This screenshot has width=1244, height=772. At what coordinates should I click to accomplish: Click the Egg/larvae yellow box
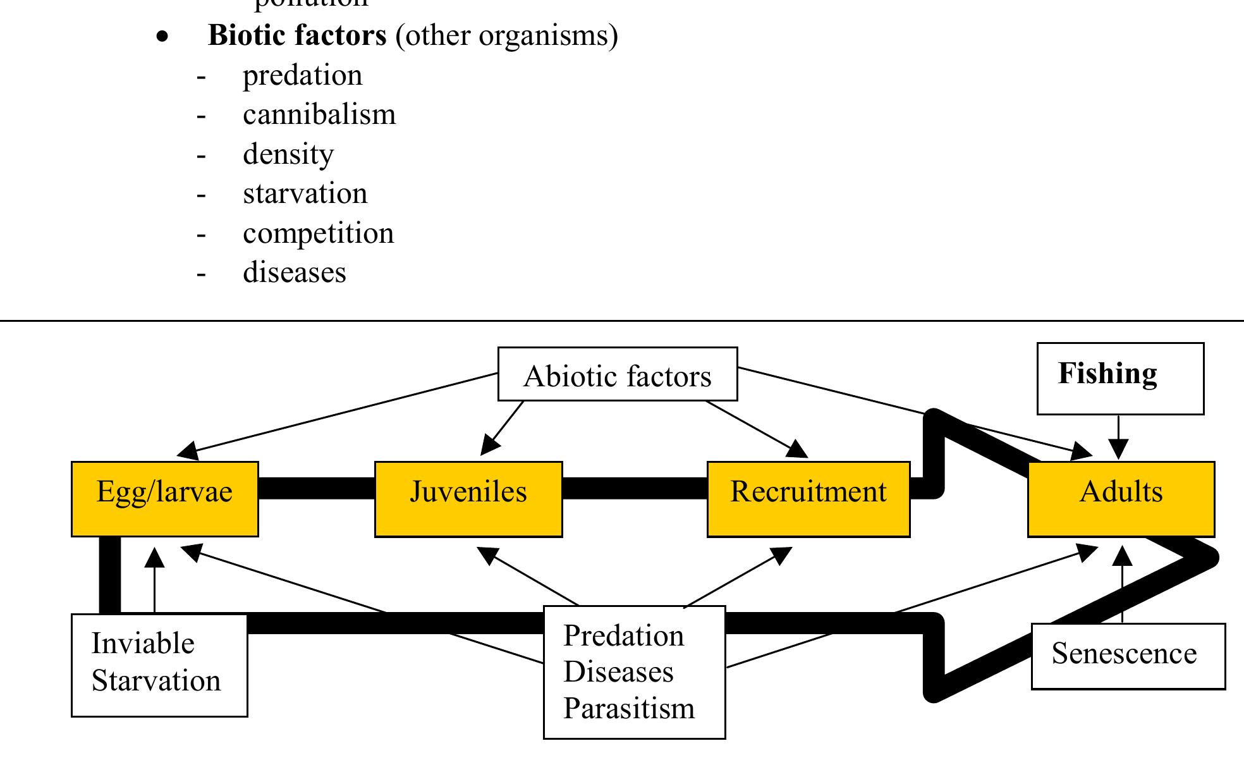tap(164, 498)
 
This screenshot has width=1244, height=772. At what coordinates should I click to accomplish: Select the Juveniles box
tap(468, 498)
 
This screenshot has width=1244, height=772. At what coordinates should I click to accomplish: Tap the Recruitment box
tap(808, 498)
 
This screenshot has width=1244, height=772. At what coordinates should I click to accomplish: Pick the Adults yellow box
tap(1121, 498)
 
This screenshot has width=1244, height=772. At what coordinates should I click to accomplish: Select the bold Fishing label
tap(1107, 374)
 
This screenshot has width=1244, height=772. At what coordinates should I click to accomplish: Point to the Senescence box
tap(1124, 654)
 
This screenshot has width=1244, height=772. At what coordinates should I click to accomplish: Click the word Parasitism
tap(629, 708)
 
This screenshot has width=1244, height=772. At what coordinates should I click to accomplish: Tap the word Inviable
tap(143, 644)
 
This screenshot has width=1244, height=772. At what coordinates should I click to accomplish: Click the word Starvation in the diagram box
tap(156, 681)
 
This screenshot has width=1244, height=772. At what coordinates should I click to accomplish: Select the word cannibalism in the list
tap(319, 115)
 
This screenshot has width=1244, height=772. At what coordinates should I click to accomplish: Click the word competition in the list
tap(318, 233)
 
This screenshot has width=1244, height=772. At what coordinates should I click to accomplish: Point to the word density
tap(288, 155)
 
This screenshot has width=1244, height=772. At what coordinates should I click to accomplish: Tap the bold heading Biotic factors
tap(297, 35)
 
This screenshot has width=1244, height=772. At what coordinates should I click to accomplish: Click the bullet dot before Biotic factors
tap(163, 37)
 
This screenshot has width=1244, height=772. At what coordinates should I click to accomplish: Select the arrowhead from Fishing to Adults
tap(1118, 450)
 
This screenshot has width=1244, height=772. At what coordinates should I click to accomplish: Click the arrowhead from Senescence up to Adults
tap(1122, 556)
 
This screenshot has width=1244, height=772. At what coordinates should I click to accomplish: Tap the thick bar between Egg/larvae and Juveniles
tap(316, 488)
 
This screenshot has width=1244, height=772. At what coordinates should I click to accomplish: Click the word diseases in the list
tap(295, 273)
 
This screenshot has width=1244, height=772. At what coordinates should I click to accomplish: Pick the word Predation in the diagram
tap(623, 635)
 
